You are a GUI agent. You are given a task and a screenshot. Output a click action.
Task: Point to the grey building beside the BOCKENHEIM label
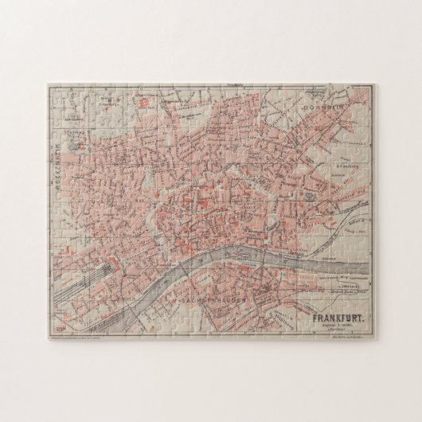(x=73, y=147)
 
